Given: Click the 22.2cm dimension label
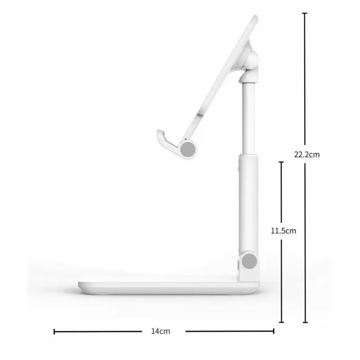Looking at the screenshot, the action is point(307,154).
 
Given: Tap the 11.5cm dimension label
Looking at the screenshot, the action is point(283,231).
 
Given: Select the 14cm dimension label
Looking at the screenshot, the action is point(161,331).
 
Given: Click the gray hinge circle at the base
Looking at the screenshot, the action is point(249,261).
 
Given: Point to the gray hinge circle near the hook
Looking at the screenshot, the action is point(188,149).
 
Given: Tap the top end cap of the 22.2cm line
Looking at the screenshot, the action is point(305,13).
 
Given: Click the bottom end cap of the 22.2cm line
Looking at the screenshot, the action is point(305,322).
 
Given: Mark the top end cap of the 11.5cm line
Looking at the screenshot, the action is point(281,162).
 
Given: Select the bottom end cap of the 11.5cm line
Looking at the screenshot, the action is point(281,322).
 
